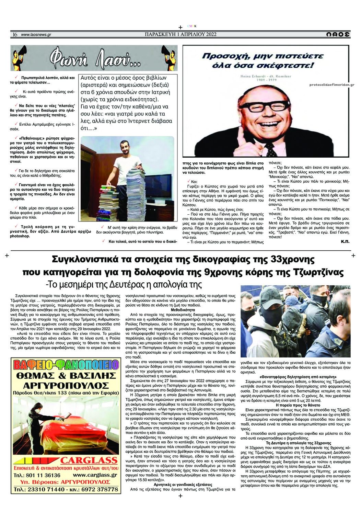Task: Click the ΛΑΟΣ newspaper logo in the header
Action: (x=338, y=34)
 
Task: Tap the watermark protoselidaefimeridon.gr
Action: (x=331, y=84)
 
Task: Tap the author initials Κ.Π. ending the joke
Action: (x=345, y=241)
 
